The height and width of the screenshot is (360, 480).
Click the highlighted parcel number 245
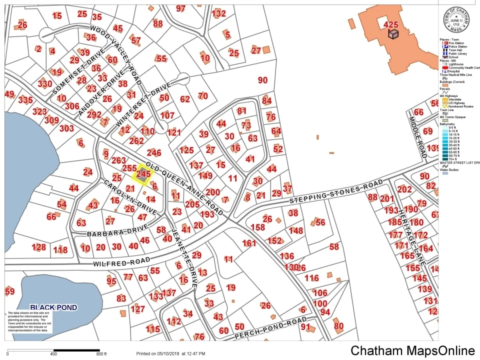point(143,173)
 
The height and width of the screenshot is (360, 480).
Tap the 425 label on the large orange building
point(390,24)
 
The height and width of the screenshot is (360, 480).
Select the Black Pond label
point(53,307)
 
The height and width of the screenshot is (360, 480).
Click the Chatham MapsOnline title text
point(412,351)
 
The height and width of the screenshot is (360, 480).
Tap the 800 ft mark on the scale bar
point(101,354)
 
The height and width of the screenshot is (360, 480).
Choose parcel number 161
point(249,243)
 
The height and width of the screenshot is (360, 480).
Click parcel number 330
point(44,83)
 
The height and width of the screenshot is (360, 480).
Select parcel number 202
point(404,189)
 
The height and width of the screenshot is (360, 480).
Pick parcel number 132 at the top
point(219,13)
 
